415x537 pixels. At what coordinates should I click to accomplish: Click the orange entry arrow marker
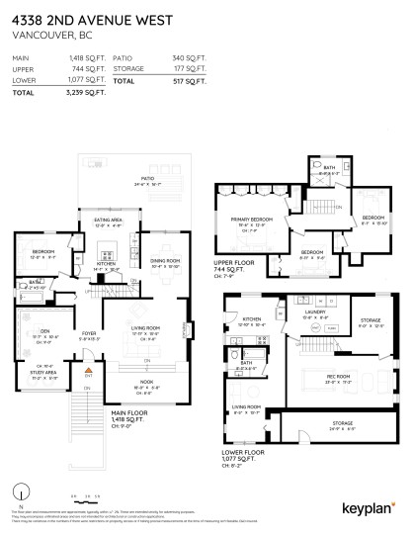(x=88, y=374)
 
